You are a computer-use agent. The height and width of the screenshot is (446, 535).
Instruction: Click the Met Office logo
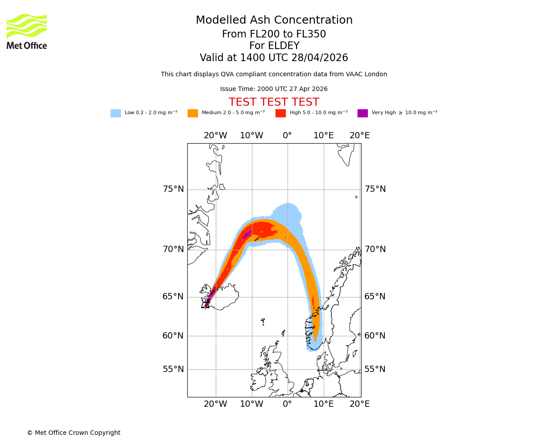tap(27, 31)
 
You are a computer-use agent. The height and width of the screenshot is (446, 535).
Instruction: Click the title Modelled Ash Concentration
tap(274, 21)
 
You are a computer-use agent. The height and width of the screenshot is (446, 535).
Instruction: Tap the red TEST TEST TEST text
tap(274, 103)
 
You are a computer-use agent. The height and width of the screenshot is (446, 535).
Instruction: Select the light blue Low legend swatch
tap(115, 113)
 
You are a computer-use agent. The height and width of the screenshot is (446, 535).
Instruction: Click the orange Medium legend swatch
tap(193, 113)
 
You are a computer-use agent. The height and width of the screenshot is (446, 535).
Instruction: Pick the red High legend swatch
tap(280, 113)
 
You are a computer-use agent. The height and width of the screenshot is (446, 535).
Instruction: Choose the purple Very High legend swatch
tap(362, 113)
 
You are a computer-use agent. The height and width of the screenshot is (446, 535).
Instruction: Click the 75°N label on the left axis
tap(173, 189)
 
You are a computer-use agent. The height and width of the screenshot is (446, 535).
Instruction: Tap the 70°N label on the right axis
tap(375, 249)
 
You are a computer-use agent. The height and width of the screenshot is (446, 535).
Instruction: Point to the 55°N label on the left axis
tap(173, 369)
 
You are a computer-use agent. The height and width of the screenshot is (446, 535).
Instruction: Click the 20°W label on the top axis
tap(215, 136)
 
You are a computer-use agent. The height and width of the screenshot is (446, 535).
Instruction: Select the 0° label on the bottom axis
tap(288, 404)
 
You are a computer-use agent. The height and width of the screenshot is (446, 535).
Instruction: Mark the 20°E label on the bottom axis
tap(359, 404)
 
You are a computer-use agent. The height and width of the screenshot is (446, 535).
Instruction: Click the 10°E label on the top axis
tap(324, 136)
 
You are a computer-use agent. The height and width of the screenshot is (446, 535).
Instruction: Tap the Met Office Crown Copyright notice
tap(74, 433)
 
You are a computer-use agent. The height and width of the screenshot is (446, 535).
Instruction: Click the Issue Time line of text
tap(274, 89)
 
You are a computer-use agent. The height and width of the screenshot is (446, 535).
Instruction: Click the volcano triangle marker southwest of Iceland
tap(206, 305)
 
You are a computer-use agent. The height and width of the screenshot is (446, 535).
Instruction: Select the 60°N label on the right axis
tap(375, 336)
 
